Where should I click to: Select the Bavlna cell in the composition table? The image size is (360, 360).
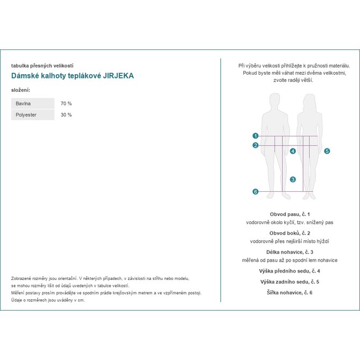coord(32,103)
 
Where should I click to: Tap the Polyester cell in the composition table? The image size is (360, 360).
coord(32,115)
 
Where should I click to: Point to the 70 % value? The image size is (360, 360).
coord(66,103)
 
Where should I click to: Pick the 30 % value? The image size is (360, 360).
coord(66,115)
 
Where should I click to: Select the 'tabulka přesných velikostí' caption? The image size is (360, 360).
coord(42,66)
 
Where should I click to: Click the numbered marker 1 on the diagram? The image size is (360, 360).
coord(256,136)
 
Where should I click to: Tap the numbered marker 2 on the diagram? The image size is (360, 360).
coord(256,145)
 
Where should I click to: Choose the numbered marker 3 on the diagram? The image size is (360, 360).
coord(293,179)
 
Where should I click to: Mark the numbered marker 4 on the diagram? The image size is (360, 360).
coord(293,151)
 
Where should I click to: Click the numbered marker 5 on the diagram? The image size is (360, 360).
coord(327,151)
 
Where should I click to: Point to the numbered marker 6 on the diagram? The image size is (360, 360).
coord(256,192)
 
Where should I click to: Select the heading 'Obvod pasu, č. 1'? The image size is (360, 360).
coord(290,214)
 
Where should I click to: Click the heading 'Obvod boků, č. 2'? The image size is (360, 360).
coord(290,233)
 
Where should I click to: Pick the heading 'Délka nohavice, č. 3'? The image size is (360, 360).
coord(290,252)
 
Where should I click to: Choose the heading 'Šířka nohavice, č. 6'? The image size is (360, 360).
coord(290,292)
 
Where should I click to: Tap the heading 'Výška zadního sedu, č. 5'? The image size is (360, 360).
coord(290,282)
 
